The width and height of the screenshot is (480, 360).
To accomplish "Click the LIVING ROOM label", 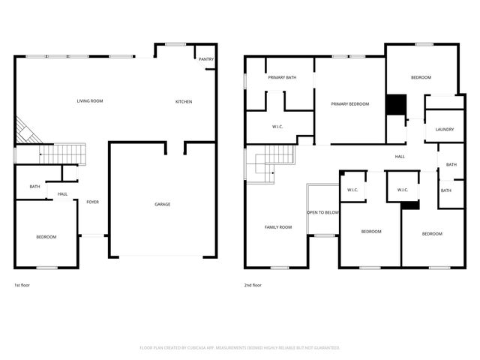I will pyautogui.click(x=90, y=101).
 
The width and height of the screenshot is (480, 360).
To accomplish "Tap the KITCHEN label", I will pyautogui.click(x=184, y=102).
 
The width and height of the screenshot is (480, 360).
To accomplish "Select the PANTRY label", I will pyautogui.click(x=205, y=59).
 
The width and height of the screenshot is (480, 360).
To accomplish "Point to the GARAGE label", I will pyautogui.click(x=162, y=204).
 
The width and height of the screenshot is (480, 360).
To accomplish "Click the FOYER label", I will pyautogui.click(x=92, y=202).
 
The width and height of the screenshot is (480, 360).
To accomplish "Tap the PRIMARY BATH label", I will pyautogui.click(x=283, y=77).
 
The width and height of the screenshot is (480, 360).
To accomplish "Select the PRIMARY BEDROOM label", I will pyautogui.click(x=350, y=104).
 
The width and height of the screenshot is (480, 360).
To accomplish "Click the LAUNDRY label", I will pyautogui.click(x=445, y=129).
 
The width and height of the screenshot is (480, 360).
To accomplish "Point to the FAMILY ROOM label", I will pyautogui.click(x=278, y=226).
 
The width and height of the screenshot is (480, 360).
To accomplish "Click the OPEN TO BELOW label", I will pyautogui.click(x=324, y=212).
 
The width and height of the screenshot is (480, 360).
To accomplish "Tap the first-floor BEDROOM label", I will pyautogui.click(x=46, y=237).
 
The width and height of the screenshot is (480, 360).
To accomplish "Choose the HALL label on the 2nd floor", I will pyautogui.click(x=400, y=157).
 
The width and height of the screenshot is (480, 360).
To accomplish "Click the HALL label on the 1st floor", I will pyautogui.click(x=63, y=194).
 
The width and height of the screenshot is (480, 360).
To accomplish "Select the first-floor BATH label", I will pyautogui.click(x=34, y=187).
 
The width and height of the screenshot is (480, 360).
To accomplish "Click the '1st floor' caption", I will pyautogui.click(x=22, y=285).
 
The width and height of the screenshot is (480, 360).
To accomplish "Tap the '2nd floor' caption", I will pyautogui.click(x=253, y=285).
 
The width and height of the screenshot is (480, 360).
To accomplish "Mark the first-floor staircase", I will pyautogui.click(x=62, y=154).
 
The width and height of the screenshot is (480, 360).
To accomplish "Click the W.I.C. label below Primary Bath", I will pyautogui.click(x=277, y=126).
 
